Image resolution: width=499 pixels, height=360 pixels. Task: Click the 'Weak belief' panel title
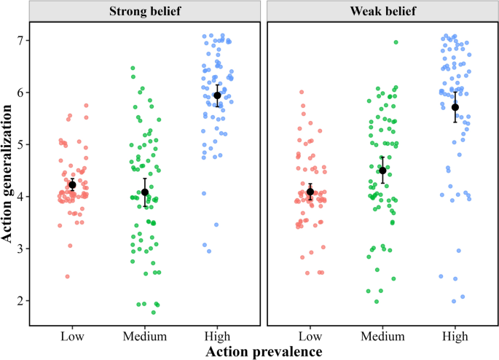(x=382, y=12)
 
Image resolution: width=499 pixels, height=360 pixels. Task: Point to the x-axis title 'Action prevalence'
(x=264, y=352)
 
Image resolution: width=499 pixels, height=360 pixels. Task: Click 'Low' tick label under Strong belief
(x=72, y=336)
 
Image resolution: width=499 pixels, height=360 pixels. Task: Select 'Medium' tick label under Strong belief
(x=144, y=336)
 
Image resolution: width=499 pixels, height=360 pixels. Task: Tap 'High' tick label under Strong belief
(x=217, y=336)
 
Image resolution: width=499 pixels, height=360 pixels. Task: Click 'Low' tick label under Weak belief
(x=310, y=336)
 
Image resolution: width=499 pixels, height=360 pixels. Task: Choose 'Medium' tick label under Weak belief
(x=382, y=336)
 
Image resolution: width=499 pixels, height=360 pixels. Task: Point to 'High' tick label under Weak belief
(x=455, y=336)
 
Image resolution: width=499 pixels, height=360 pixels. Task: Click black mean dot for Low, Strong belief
(x=72, y=185)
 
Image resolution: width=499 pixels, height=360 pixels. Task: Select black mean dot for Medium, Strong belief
(x=145, y=192)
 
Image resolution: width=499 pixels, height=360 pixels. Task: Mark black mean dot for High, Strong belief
(x=217, y=95)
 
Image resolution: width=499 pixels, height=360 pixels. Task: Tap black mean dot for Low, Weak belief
(x=310, y=192)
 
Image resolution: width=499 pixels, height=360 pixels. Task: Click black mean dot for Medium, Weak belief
(x=382, y=171)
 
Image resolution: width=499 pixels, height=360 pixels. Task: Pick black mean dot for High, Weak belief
(x=455, y=107)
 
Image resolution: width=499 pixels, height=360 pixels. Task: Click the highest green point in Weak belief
(x=396, y=42)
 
